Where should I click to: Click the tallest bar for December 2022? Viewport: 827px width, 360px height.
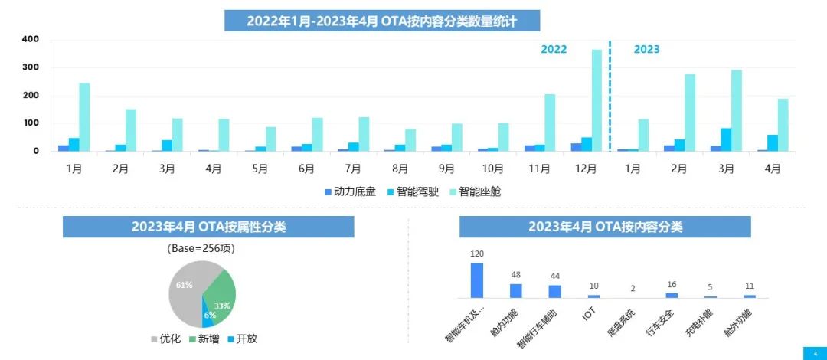click(597, 100)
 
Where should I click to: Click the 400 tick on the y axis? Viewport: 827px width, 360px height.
click(31, 39)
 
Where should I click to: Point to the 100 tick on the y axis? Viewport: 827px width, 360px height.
click(31, 123)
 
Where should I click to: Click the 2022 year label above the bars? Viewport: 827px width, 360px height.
click(554, 50)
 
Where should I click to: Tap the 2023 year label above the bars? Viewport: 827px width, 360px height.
click(646, 50)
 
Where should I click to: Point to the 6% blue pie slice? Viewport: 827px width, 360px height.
click(208, 314)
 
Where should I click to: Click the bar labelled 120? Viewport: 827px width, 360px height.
click(476, 280)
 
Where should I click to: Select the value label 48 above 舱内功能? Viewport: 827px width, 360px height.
click(515, 275)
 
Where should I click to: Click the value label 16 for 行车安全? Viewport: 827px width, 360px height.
click(672, 284)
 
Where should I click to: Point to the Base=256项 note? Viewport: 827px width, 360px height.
click(202, 249)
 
